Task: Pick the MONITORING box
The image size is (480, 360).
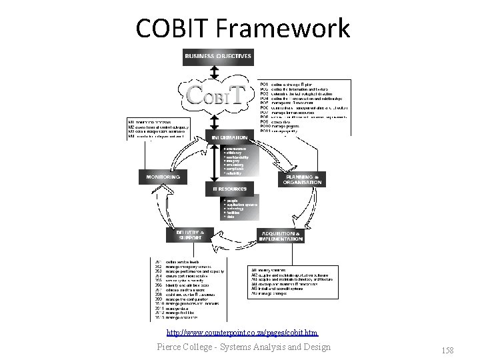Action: (x=163, y=177)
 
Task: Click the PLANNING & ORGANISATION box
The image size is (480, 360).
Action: (x=302, y=179)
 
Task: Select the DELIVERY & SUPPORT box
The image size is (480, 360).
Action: (x=189, y=234)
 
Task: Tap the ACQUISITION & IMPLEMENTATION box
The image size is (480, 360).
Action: (x=283, y=235)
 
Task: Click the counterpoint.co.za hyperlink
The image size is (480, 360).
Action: (x=242, y=331)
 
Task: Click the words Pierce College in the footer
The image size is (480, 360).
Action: (x=182, y=346)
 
